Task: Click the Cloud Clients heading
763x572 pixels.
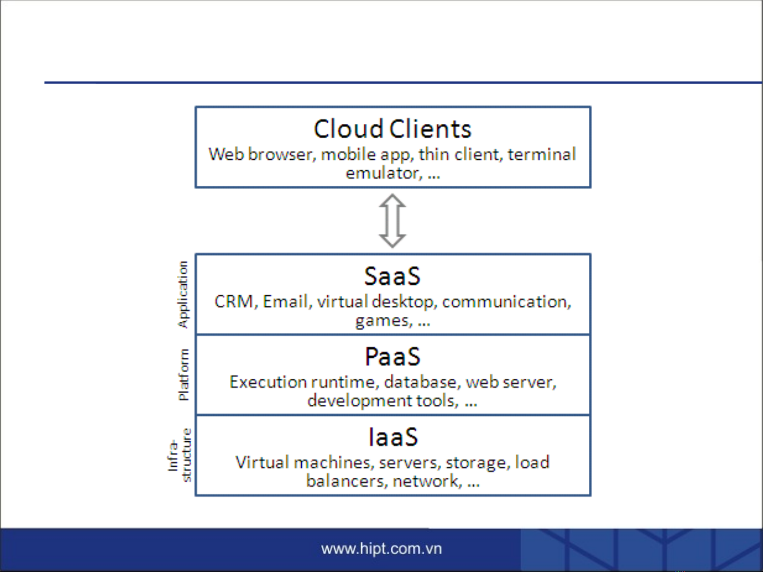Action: click(x=392, y=129)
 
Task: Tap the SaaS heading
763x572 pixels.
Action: click(x=392, y=276)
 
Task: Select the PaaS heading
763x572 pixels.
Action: click(x=392, y=357)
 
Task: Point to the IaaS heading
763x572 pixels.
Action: click(x=393, y=437)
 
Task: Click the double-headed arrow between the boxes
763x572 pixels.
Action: click(x=392, y=221)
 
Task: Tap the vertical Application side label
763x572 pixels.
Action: click(x=183, y=295)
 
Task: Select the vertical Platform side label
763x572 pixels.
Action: click(x=184, y=375)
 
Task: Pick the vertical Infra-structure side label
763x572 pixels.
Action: click(x=179, y=455)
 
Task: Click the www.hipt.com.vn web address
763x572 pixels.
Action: click(x=381, y=549)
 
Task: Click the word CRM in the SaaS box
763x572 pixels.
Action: click(x=234, y=302)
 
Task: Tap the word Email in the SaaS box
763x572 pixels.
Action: click(x=285, y=302)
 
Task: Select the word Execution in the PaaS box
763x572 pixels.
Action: click(x=267, y=382)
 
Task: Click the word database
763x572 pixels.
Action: click(x=420, y=382)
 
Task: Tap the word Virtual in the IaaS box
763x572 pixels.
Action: click(x=262, y=462)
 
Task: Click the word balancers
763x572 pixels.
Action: click(x=345, y=482)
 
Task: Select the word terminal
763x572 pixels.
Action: click(x=542, y=154)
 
